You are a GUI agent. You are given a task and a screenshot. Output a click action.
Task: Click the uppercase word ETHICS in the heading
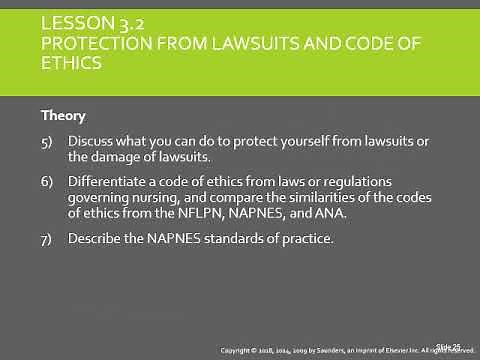tap(66, 65)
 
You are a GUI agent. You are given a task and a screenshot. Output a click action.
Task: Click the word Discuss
tap(92, 140)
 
